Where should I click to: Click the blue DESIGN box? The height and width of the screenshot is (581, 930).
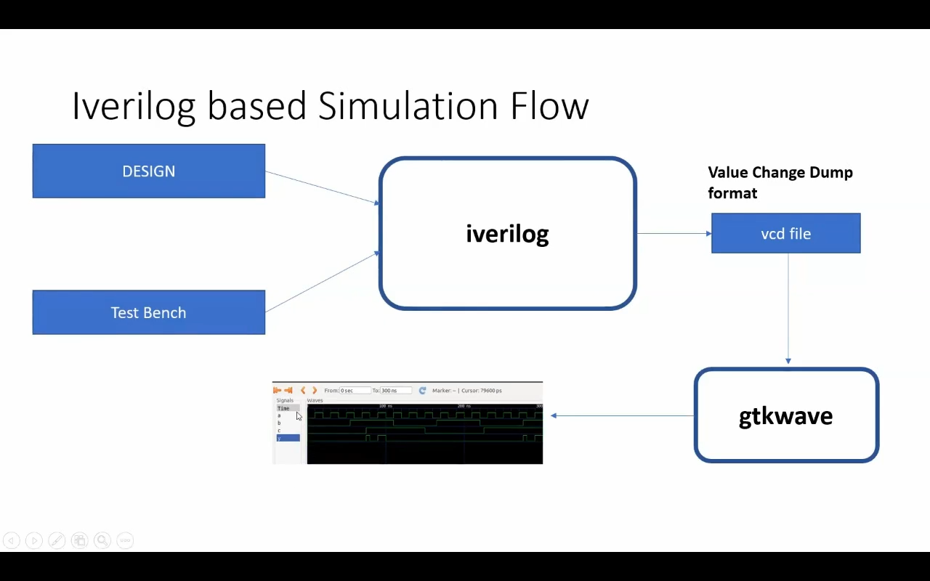coord(149,171)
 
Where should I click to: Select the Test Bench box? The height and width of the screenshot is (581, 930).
coord(149,312)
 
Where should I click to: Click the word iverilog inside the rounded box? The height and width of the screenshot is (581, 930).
coord(507,234)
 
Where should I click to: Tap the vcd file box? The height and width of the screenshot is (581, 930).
coord(785,234)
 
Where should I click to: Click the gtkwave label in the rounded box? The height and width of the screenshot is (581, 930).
coord(785,416)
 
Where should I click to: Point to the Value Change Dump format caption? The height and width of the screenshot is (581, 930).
coord(780,182)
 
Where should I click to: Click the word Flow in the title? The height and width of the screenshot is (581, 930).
coord(549,106)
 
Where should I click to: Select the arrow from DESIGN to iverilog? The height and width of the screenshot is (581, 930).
coord(322,187)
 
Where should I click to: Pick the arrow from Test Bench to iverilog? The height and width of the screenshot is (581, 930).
coord(322,282)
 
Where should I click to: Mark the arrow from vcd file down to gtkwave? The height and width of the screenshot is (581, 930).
coord(788,309)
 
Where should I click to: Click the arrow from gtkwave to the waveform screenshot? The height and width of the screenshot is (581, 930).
coord(623,416)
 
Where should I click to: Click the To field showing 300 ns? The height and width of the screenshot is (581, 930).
coord(396,391)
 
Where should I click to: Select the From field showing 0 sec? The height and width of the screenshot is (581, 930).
coord(355,391)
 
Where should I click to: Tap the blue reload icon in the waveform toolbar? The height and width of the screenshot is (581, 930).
coord(422,391)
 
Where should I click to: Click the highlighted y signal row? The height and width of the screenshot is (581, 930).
coord(288,438)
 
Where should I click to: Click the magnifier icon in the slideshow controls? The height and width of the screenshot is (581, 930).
coord(102,540)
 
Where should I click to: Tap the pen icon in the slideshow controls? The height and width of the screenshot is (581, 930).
coord(57,540)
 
